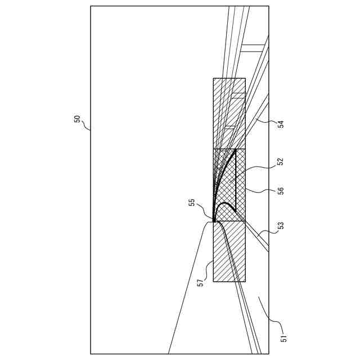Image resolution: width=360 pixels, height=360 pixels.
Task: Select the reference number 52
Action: [280, 162]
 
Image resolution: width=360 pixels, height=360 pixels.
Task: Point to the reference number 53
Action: [280, 226]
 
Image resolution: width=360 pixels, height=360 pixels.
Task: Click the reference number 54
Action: [280, 124]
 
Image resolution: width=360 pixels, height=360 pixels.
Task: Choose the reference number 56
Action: [280, 190]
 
